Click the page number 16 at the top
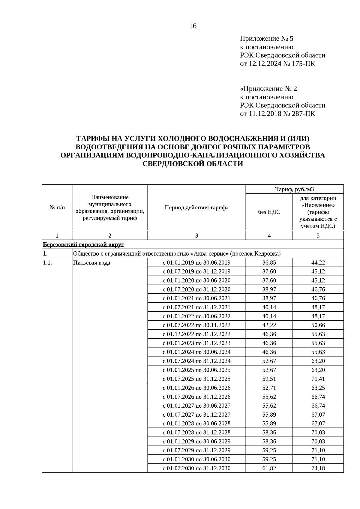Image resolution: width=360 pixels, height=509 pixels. click(x=193, y=26)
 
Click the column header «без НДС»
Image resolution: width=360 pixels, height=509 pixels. click(x=269, y=212)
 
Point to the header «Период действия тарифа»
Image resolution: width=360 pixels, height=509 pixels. click(x=196, y=208)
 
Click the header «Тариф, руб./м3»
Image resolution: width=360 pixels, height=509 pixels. click(x=295, y=189)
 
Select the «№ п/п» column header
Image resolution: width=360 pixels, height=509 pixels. click(x=57, y=208)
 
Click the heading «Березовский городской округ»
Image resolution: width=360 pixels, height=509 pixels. click(x=83, y=245)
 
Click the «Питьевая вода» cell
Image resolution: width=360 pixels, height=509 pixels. click(x=91, y=263)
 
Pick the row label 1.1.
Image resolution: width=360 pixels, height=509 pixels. click(x=47, y=263)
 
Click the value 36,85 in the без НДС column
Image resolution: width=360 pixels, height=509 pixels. click(x=269, y=263)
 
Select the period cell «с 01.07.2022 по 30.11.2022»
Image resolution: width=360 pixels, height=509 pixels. click(x=196, y=325)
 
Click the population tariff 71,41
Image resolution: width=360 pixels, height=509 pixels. click(x=318, y=379)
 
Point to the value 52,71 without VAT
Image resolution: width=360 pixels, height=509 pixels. click(x=269, y=388)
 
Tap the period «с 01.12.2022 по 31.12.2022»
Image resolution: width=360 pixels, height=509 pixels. click(x=196, y=334)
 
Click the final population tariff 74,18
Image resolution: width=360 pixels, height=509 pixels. click(x=318, y=468)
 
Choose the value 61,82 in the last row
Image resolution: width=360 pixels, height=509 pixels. click(x=269, y=468)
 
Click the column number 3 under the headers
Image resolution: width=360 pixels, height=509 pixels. click(x=196, y=236)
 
